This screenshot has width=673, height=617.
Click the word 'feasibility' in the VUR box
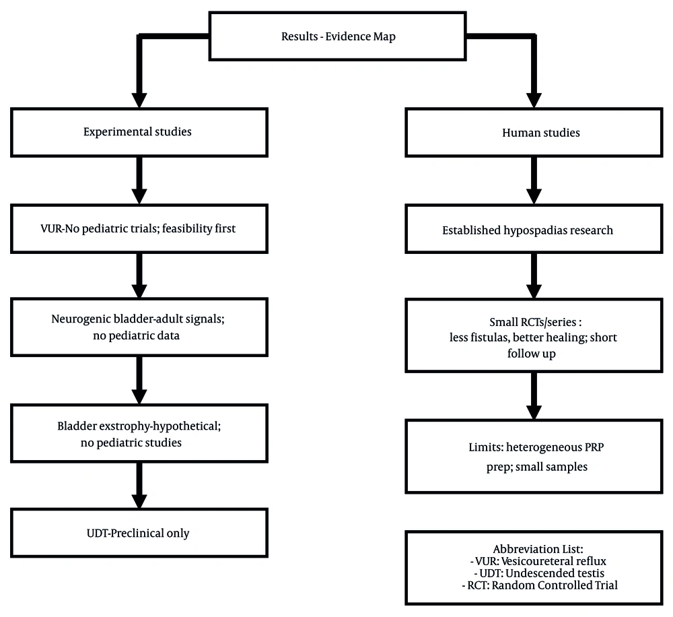coord(186,228)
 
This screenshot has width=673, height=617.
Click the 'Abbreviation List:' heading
coord(538,549)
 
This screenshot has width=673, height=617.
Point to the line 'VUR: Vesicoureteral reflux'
coord(538,561)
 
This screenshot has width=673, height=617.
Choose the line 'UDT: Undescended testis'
coord(539,573)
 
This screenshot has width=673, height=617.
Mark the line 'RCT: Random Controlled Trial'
coord(540,585)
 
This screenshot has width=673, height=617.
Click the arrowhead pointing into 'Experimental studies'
coord(139,100)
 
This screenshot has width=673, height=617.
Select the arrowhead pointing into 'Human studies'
coord(534,100)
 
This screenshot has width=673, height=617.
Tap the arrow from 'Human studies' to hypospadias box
coord(534,181)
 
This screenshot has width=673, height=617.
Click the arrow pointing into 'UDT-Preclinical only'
coord(139,486)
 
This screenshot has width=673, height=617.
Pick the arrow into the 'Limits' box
coord(534,396)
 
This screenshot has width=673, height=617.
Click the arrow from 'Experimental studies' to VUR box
coord(139,181)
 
